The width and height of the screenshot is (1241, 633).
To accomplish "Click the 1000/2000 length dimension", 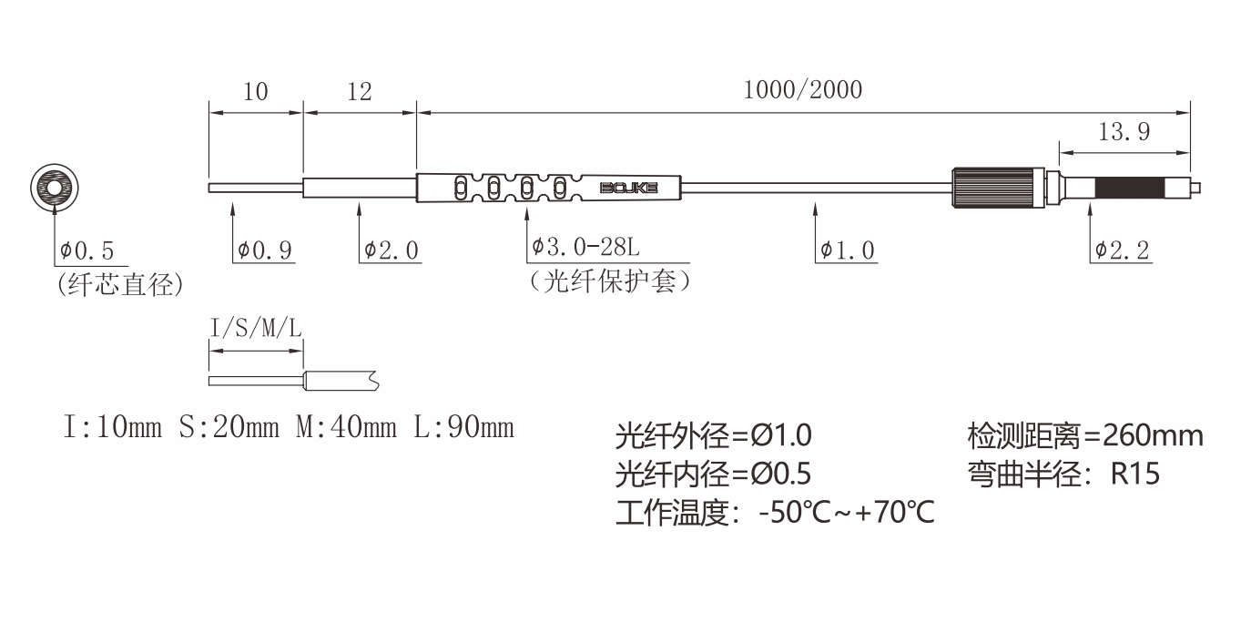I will (x=802, y=90).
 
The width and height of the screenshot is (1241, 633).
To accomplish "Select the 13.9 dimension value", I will (x=1124, y=133).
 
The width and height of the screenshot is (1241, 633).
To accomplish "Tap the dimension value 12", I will (x=360, y=92).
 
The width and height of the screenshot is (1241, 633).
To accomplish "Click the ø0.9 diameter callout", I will (x=265, y=250).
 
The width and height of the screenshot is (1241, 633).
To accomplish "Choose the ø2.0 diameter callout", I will (x=392, y=250).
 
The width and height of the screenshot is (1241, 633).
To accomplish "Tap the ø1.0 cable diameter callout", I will (x=847, y=250).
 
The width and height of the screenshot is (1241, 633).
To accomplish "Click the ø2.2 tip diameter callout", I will (x=1123, y=250).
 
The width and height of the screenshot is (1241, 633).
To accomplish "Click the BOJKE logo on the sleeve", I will (x=628, y=189).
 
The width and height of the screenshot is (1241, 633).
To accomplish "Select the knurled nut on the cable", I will (x=996, y=189).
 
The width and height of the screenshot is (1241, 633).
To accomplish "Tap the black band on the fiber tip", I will (x=1130, y=189).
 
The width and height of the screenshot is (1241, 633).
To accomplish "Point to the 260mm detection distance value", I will (x=1153, y=435).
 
